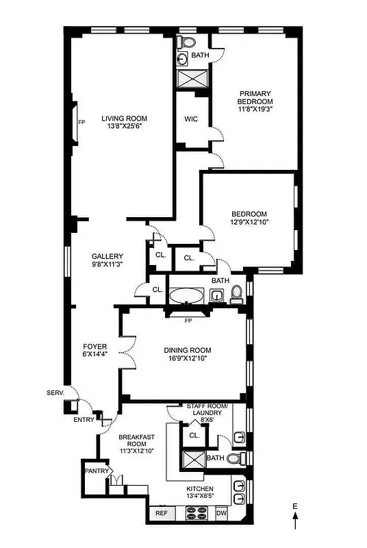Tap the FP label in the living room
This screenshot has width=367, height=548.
(x=81, y=123)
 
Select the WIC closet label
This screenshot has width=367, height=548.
(x=191, y=119)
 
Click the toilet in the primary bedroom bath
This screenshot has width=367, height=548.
(x=184, y=42)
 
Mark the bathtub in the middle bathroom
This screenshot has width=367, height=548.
(x=186, y=296)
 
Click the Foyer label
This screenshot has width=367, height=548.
(x=94, y=347)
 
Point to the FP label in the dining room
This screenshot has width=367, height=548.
(x=188, y=320)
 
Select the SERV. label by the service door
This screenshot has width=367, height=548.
(x=55, y=393)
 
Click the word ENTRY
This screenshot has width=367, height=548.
(x=84, y=420)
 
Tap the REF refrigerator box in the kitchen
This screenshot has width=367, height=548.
(x=161, y=512)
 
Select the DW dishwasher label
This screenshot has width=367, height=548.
(x=220, y=512)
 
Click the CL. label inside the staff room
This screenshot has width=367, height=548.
(x=194, y=434)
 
